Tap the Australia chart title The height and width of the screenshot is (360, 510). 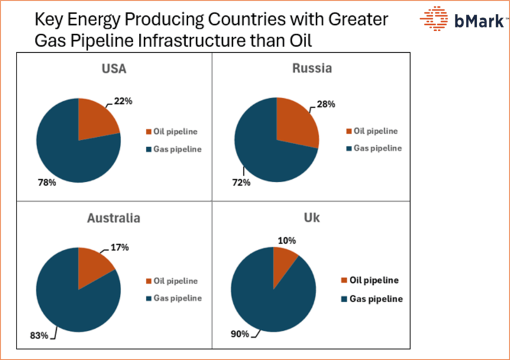[x=114, y=218]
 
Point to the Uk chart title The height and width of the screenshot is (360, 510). [x=312, y=218]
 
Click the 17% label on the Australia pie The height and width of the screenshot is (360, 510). [x=120, y=247]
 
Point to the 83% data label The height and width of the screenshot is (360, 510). [x=39, y=335]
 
